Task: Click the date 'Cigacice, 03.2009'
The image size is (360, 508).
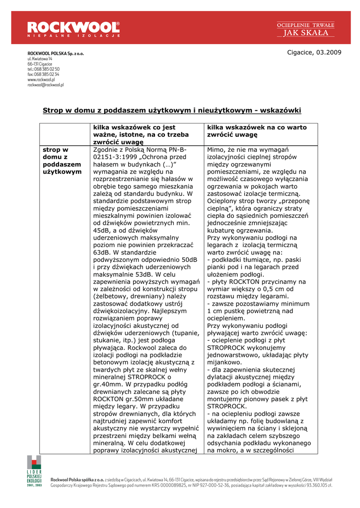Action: tap(314, 53)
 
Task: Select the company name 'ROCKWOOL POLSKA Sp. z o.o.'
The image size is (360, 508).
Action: tap(56, 54)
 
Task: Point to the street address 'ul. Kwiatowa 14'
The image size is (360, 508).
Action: tap(40, 59)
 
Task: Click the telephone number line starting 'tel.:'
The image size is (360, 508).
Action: tap(44, 69)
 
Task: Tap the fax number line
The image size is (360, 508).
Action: tap(43, 74)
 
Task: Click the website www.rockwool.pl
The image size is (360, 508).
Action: tap(41, 79)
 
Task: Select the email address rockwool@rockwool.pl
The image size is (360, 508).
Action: tap(46, 85)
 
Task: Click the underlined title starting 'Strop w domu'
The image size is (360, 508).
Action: tap(172, 110)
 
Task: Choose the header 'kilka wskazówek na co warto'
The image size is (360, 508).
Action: tap(257, 130)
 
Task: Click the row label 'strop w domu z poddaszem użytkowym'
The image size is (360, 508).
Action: tap(62, 160)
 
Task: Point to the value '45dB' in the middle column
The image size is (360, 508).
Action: tap(102, 230)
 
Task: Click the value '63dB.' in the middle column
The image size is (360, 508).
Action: tap(102, 252)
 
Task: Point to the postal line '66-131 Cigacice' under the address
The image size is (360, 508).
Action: tap(40, 64)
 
